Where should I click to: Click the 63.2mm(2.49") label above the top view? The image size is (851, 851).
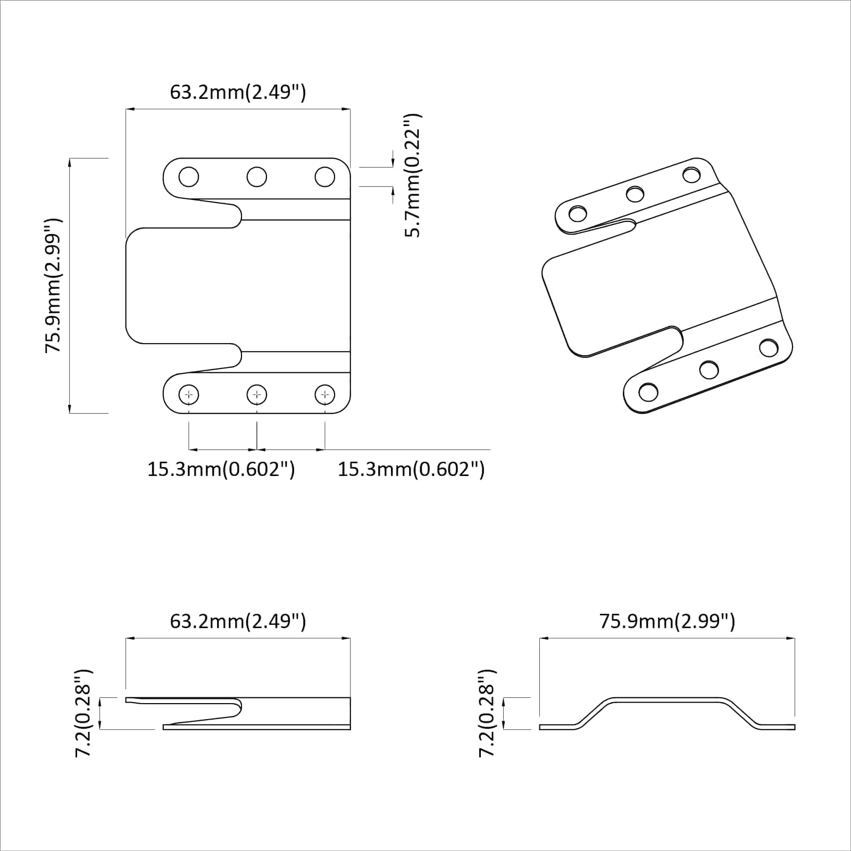238,92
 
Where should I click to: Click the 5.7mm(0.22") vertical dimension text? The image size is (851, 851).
413,176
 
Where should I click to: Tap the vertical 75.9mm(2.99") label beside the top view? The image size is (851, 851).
53,285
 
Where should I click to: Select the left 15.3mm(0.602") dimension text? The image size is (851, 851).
221,469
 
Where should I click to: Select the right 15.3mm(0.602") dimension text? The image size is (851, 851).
411,469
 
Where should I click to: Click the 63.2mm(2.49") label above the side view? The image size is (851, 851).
238,621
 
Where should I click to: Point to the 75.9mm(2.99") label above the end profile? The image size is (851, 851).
667,621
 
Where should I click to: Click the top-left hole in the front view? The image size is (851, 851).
189,177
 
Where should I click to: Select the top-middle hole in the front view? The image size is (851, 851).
257,177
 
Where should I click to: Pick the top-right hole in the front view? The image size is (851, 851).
325,177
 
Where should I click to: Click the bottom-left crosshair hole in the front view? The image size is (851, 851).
189,395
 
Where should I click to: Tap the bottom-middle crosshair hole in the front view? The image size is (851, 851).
257,395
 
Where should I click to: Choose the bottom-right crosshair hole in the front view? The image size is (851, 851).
325,395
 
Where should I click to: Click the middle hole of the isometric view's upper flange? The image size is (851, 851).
635,194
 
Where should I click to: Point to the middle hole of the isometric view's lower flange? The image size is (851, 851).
709,369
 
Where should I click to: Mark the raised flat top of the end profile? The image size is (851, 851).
667,700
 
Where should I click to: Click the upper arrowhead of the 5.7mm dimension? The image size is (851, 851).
393,162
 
